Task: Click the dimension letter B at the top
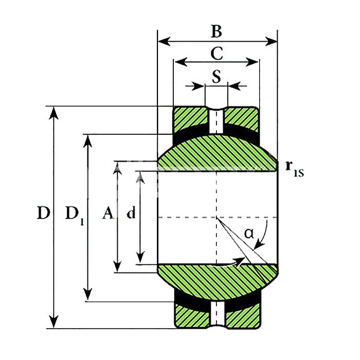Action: (217, 31)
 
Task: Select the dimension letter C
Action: (217, 53)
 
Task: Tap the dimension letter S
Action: (217, 76)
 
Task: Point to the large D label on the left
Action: (43, 212)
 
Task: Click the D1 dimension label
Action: (75, 214)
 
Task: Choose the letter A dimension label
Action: (108, 212)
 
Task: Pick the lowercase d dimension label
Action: (131, 212)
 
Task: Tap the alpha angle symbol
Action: (249, 233)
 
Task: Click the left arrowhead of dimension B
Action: (164, 41)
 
